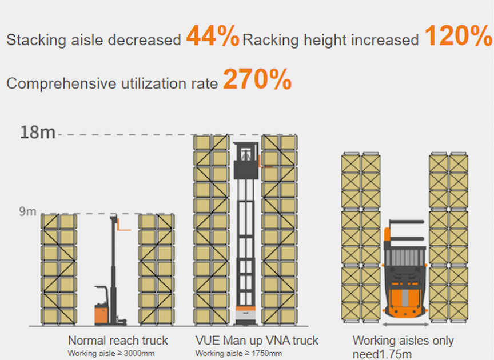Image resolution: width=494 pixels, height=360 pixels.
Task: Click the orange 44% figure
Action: point(213,37)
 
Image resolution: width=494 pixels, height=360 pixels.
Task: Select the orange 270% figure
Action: point(257,79)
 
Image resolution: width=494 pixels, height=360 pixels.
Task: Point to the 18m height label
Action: point(38,133)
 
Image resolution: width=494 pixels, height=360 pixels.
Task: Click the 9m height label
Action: point(27,212)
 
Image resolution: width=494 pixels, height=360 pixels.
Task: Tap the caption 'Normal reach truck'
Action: point(118,341)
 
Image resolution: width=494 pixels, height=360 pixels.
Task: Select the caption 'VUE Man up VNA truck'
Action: point(257,341)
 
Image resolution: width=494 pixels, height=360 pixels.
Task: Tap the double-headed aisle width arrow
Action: point(404,324)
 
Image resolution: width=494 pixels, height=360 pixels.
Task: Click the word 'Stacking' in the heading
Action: point(34,40)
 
